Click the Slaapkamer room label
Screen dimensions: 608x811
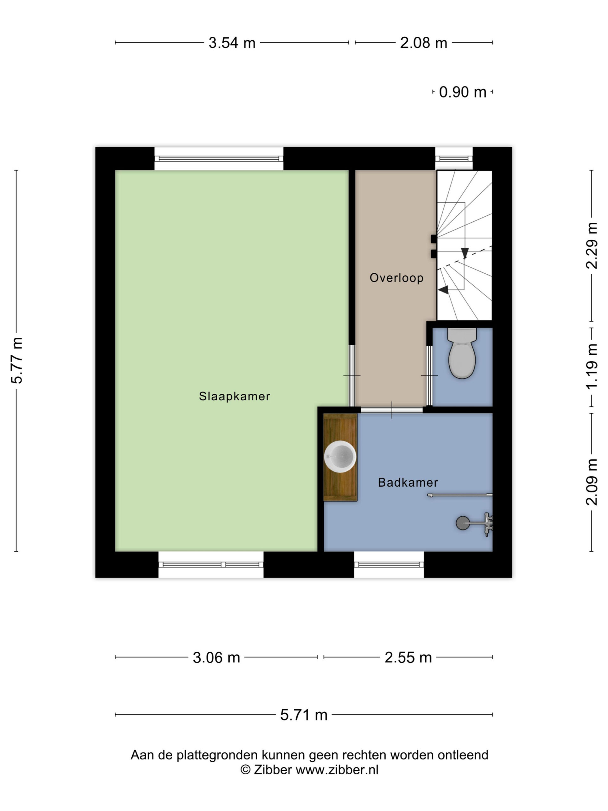coord(234,396)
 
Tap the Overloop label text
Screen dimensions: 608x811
coord(396,278)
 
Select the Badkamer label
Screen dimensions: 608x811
coord(408,482)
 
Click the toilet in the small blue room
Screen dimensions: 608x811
coord(462,353)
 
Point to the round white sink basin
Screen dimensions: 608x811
coord(340,457)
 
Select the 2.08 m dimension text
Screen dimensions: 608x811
coord(423,43)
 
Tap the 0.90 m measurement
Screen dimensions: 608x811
coord(463,92)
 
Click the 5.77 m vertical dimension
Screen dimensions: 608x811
coord(17,361)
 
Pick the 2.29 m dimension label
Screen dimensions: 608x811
coord(592,245)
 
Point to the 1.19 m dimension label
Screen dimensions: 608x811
coord(592,366)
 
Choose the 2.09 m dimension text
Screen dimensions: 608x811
coord(592,482)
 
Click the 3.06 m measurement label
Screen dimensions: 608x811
coord(216,657)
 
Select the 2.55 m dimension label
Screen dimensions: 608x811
coord(408,657)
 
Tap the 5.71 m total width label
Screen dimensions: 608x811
coord(303,715)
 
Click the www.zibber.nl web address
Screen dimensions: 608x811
coord(337,769)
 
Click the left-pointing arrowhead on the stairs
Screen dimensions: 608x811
coord(443,290)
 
